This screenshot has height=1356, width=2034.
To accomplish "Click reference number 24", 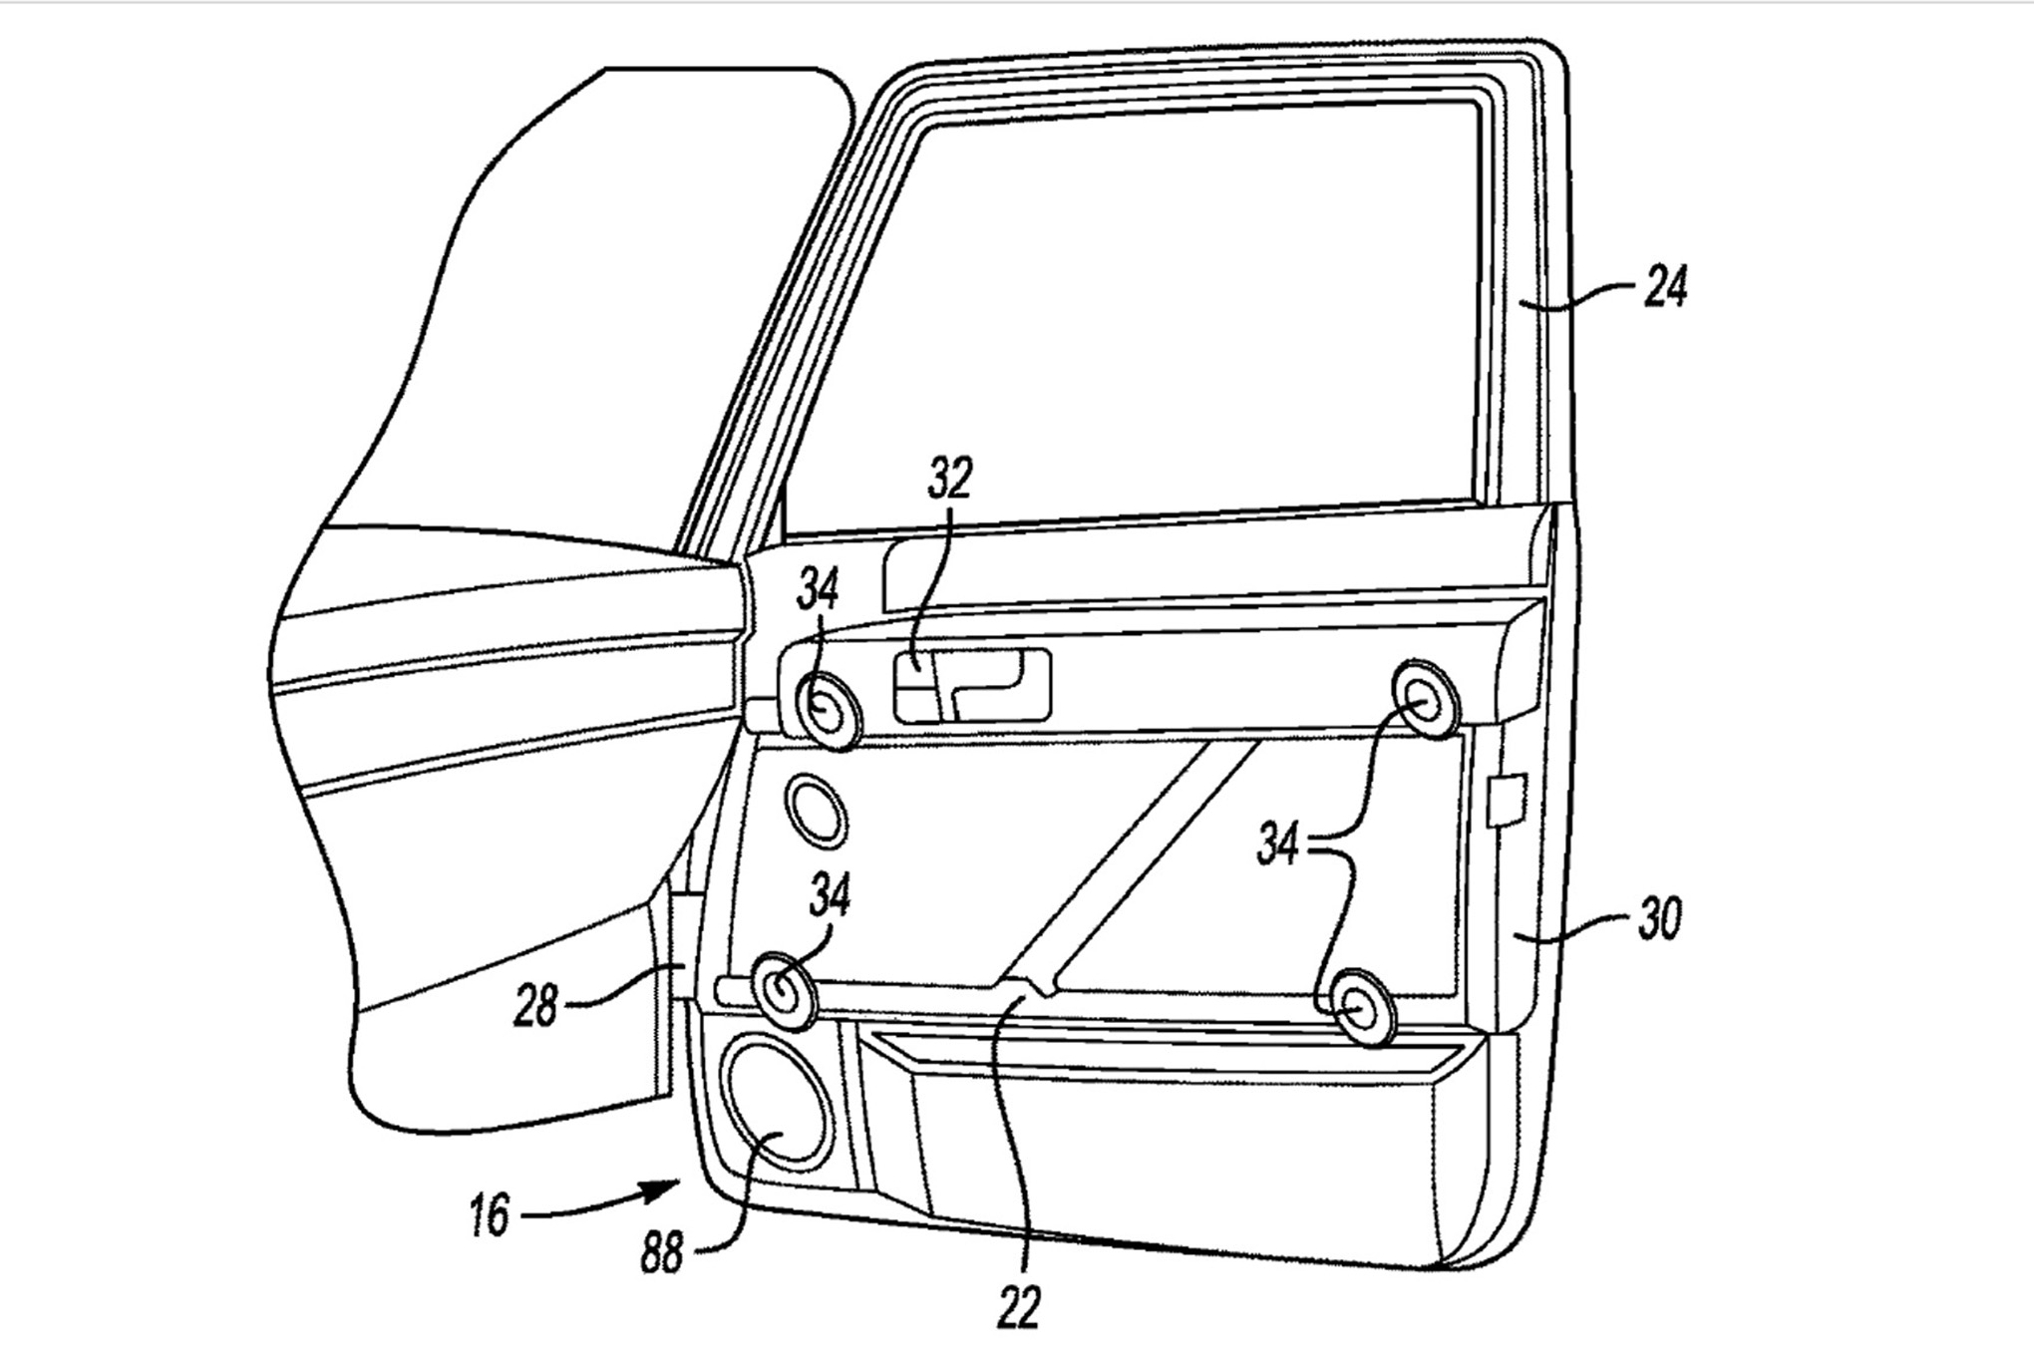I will (1664, 288).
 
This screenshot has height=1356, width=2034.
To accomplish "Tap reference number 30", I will (1659, 919).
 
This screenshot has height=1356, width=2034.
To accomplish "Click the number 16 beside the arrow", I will (490, 1216).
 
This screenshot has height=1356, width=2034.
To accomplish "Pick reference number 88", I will (661, 1252).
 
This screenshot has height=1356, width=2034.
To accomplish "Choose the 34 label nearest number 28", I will (830, 894).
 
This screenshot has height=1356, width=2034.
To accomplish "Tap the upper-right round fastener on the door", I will (1425, 699).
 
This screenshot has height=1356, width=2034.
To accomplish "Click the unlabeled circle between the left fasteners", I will (817, 807).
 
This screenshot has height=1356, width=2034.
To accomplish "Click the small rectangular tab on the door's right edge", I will (1507, 800).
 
